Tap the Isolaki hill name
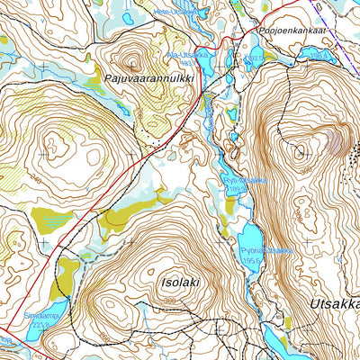tap(180, 282)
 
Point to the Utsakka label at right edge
tap(334, 305)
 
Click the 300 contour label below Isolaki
tap(170, 301)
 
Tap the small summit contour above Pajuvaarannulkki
tap(132, 63)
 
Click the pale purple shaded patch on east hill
tap(338, 139)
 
